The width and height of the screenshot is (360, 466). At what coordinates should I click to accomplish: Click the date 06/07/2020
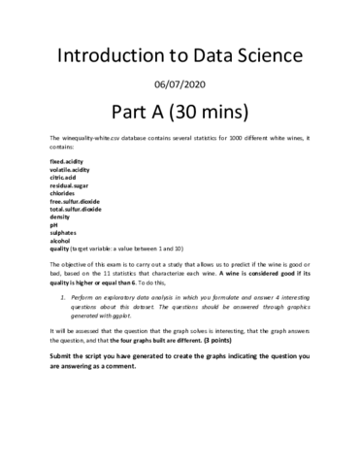click(x=180, y=83)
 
